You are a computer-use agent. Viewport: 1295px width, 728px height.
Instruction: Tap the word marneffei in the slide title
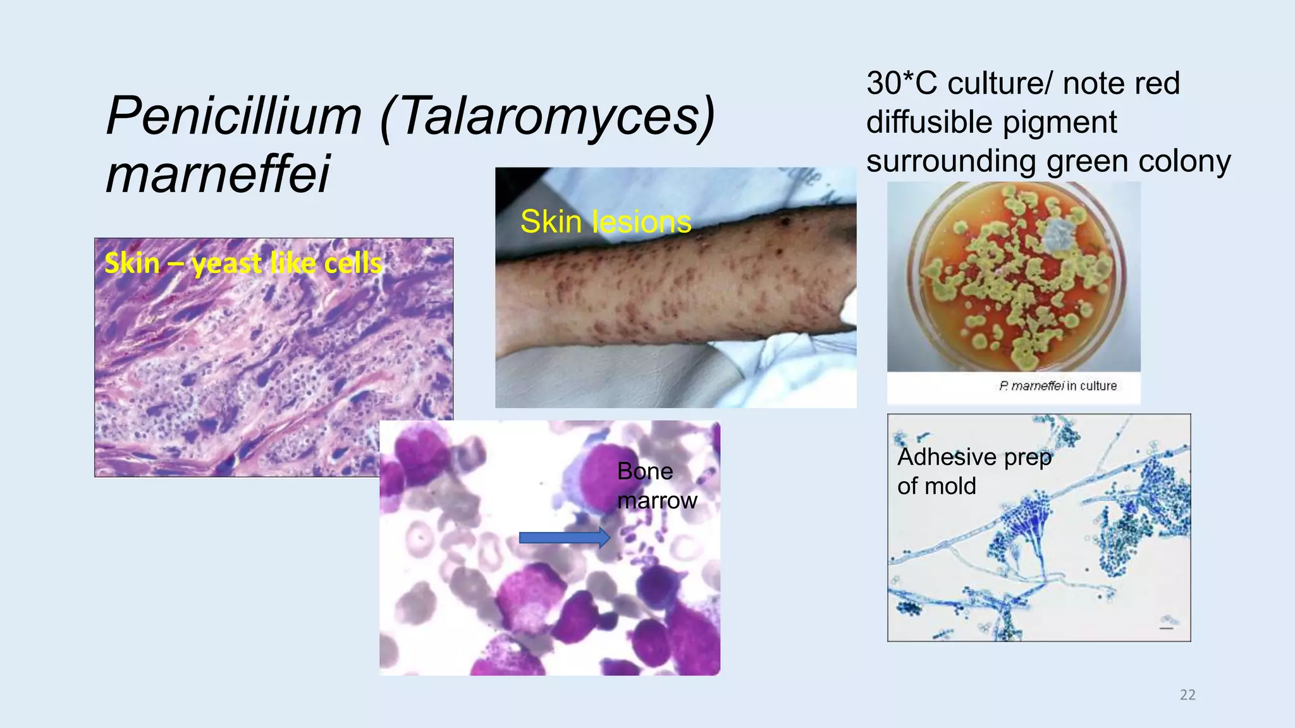[218, 174]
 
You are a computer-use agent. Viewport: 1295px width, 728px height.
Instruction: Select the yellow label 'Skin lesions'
[605, 222]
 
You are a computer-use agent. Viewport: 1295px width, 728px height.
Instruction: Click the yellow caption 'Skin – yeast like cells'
[243, 263]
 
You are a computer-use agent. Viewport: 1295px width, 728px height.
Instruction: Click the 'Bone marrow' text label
[656, 486]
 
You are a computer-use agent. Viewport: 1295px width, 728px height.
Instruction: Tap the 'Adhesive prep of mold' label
[973, 471]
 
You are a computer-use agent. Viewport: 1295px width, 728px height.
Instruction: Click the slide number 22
[1188, 695]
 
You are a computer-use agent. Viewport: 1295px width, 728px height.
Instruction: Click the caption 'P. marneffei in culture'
[1057, 386]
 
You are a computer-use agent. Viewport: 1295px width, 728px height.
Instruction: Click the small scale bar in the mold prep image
[1167, 628]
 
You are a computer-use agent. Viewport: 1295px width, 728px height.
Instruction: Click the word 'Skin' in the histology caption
[132, 263]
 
